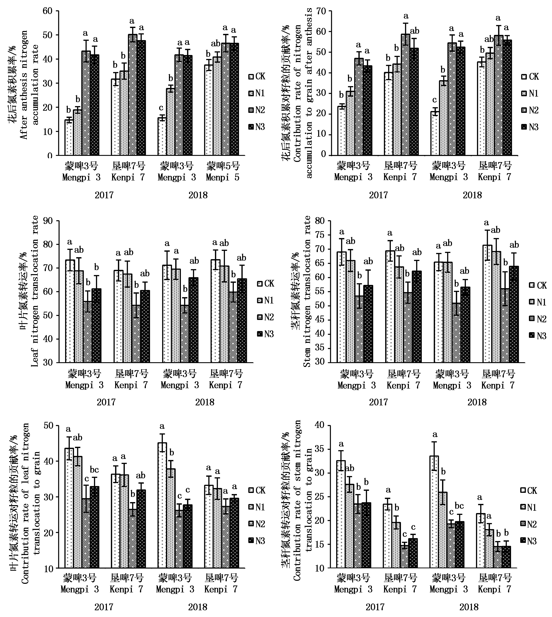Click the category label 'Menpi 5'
tap(222, 177)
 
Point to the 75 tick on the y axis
tap(327, 235)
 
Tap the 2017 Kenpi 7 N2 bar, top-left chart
tap(133, 96)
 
